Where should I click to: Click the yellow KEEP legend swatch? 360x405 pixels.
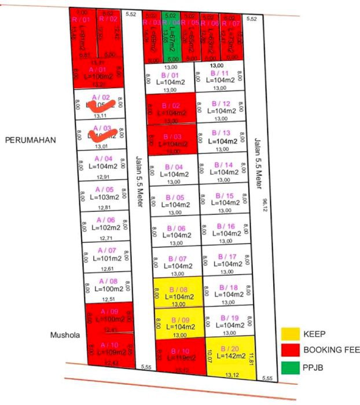click(x=290, y=334)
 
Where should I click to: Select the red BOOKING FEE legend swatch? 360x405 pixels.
click(x=290, y=349)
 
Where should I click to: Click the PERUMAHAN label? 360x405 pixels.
click(x=30, y=140)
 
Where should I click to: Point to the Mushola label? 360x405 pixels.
click(x=64, y=334)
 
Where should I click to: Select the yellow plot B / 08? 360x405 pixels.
click(x=178, y=292)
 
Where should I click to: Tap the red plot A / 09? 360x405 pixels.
click(x=109, y=318)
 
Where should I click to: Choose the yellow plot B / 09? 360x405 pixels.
click(x=179, y=323)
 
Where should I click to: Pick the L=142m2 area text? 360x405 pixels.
click(x=230, y=356)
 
